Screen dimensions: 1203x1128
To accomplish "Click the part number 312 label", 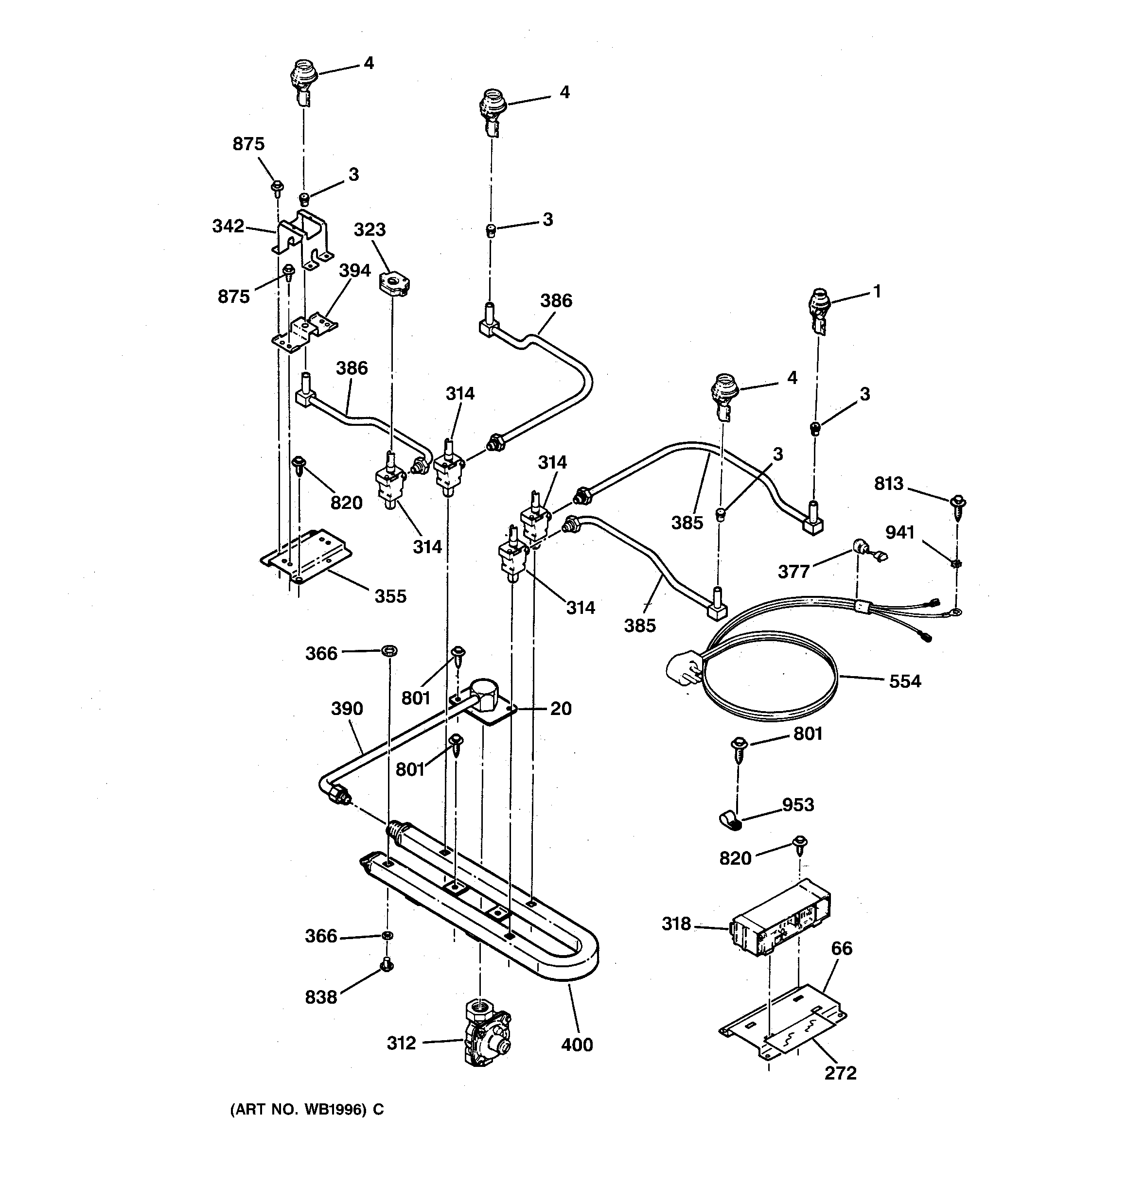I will [402, 1043].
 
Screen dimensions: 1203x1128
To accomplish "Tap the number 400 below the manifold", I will [577, 1045].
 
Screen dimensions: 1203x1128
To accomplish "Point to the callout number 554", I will [904, 681].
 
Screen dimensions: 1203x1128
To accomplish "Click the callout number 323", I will [370, 230].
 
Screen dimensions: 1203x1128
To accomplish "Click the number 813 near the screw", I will [888, 484].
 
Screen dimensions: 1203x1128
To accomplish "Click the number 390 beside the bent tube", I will [347, 709].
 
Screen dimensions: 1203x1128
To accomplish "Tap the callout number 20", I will [561, 708].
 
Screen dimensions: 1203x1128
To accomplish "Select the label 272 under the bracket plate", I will [840, 1073].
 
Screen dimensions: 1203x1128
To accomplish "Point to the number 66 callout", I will [842, 948].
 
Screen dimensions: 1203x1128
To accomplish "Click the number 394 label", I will [354, 271].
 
